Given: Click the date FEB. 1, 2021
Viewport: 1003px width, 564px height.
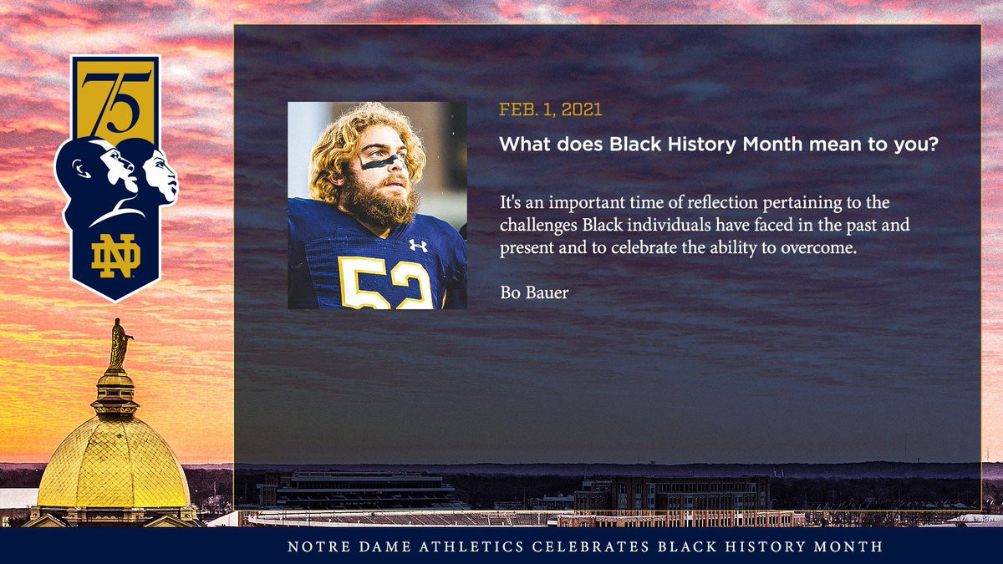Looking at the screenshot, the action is (550, 109).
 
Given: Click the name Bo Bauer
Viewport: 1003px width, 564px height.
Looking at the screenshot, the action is (534, 292).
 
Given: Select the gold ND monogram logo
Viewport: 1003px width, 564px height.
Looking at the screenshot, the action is (115, 256).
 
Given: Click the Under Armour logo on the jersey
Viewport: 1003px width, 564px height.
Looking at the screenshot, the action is (418, 246).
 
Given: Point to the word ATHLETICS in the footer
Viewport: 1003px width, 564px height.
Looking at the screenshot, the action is (471, 546).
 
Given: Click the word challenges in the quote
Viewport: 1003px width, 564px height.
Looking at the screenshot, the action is (538, 225).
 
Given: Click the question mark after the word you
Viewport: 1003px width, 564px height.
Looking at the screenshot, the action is (932, 144).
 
